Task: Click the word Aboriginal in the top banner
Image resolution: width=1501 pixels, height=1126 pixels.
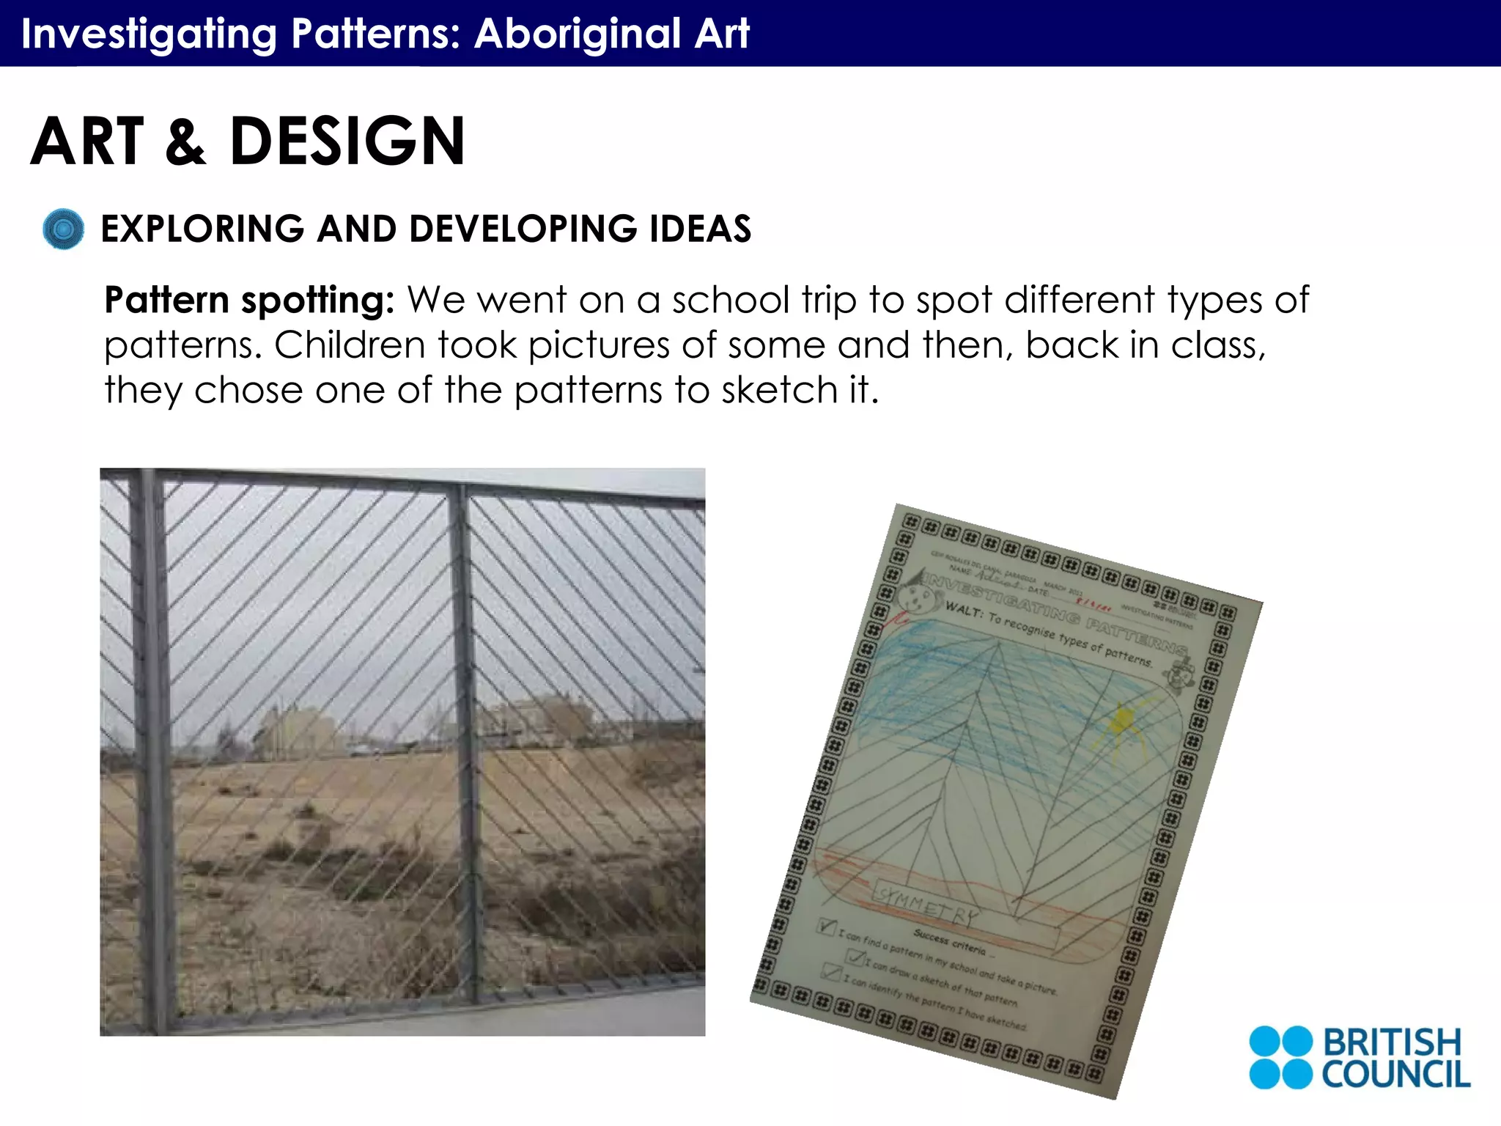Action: (578, 34)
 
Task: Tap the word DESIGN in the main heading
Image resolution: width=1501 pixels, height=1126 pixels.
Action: (347, 141)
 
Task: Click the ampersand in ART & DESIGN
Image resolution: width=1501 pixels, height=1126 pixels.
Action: (185, 143)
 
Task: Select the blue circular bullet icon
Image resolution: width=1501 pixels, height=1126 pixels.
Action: (64, 229)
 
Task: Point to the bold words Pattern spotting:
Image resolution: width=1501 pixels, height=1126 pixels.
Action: (249, 301)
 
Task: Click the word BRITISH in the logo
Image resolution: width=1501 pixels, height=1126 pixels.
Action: (1391, 1042)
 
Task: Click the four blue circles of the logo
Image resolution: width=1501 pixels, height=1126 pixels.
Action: (1280, 1057)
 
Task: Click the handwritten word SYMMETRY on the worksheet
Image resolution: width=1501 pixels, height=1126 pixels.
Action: (928, 906)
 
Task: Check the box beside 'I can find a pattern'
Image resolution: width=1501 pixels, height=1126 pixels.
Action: (827, 927)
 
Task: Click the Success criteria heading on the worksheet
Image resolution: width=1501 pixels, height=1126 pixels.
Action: (950, 941)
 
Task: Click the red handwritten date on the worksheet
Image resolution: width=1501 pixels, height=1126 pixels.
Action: (1096, 606)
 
